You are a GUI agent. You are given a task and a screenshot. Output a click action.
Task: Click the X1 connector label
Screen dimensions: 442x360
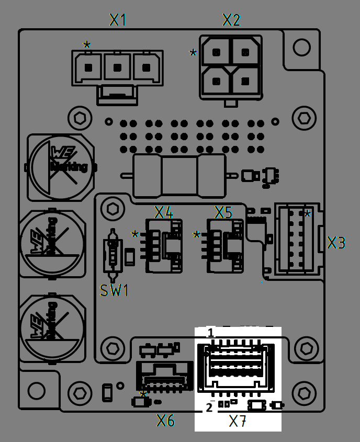(118, 20)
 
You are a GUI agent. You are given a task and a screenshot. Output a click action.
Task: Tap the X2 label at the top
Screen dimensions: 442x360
(231, 20)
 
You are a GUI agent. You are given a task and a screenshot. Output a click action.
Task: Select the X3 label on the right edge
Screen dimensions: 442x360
(336, 243)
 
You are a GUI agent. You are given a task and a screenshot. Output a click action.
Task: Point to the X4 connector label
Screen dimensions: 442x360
(163, 212)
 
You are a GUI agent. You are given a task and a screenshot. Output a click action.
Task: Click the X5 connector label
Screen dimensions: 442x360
(223, 212)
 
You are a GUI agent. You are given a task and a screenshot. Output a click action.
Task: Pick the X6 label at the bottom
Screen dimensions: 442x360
(166, 420)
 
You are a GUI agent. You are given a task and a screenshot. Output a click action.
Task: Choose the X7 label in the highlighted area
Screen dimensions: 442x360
(238, 421)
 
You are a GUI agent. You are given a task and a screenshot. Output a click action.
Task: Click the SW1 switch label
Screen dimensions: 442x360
(114, 290)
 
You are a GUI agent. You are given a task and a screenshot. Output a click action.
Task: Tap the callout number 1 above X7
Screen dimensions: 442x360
(210, 333)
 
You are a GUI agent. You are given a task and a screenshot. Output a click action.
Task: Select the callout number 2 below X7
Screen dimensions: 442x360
(209, 407)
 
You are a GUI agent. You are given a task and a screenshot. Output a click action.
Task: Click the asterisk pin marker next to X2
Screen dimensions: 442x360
(193, 53)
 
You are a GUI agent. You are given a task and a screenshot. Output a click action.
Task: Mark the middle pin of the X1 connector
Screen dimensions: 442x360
(117, 67)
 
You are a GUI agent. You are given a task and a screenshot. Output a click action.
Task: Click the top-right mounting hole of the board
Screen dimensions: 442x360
(301, 48)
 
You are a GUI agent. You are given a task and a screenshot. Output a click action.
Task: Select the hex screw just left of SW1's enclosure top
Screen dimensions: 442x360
(112, 209)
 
